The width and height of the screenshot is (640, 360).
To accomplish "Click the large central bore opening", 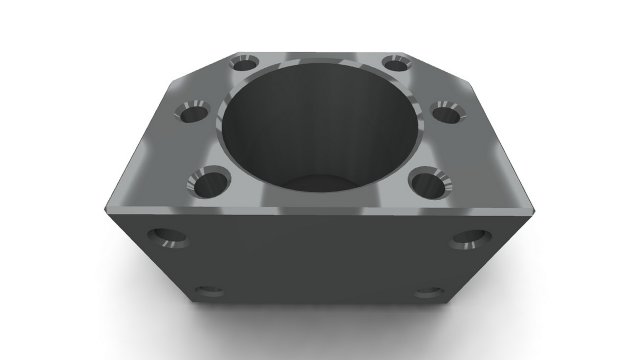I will click(318, 120).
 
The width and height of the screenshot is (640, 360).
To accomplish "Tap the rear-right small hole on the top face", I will click(395, 63).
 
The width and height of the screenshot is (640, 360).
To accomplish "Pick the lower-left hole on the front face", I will click(209, 292).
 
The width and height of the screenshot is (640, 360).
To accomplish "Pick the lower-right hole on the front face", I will click(429, 292).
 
